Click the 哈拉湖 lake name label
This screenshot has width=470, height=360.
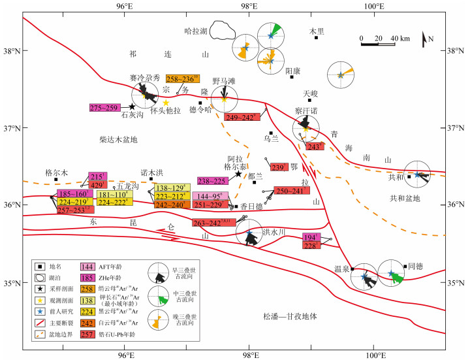tap(196, 31)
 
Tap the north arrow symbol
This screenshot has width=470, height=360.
tap(426, 39)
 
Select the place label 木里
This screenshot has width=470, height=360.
tap(317, 30)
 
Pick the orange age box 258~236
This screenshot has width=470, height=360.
tap(183, 79)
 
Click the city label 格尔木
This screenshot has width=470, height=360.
tap(56, 172)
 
